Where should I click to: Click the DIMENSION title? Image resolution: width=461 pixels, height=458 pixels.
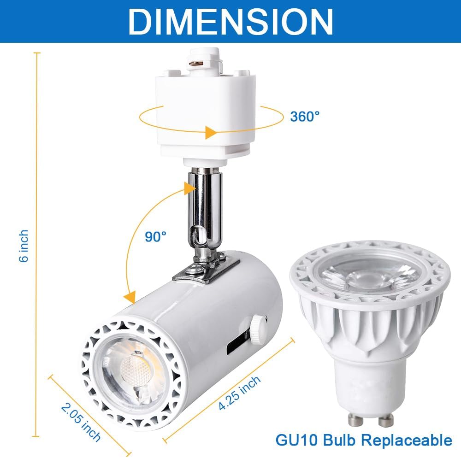(x=230, y=20)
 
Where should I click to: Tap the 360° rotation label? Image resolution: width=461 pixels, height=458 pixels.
(x=305, y=116)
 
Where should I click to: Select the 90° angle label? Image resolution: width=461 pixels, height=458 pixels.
(x=155, y=237)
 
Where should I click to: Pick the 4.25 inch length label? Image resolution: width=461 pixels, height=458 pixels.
(x=240, y=393)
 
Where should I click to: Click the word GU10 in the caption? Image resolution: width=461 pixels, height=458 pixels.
(x=295, y=440)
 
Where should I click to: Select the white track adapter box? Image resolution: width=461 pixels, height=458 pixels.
(x=205, y=115)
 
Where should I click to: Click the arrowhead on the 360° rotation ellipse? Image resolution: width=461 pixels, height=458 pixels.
(x=210, y=133)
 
